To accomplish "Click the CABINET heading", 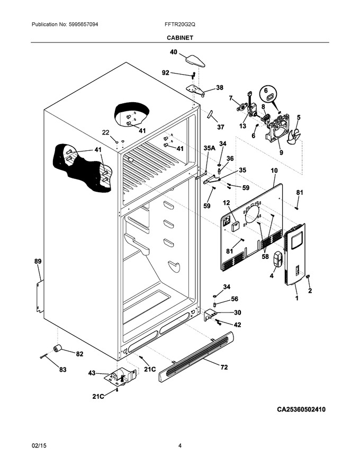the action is [179, 38].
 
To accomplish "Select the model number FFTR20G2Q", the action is [179, 24].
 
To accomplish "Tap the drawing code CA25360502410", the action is [301, 409].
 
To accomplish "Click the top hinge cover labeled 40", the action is [195, 61].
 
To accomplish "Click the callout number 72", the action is [224, 367].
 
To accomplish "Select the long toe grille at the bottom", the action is [196, 356].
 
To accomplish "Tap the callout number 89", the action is [38, 262].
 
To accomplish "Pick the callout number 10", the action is [274, 171].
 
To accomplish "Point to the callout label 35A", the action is [209, 148].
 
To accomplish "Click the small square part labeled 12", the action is [236, 226].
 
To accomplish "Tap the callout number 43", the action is [92, 373].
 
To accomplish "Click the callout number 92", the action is [166, 73].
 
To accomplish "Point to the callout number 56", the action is [235, 299].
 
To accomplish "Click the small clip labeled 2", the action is [308, 277].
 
